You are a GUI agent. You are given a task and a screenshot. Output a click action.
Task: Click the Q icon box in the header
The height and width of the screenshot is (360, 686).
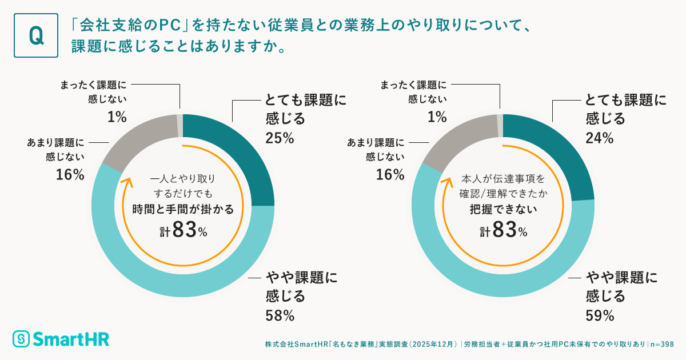[x=35, y=36]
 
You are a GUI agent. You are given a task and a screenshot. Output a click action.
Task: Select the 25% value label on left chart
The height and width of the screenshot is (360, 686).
[x=279, y=138]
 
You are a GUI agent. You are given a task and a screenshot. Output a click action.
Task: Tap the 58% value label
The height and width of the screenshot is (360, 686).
[x=280, y=315]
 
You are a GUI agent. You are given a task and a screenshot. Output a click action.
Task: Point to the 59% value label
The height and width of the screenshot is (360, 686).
[x=600, y=315]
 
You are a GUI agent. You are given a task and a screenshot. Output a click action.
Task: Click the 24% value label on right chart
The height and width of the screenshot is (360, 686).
[x=599, y=138]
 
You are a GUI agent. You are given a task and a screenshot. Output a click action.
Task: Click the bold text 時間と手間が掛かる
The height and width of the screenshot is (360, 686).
[x=183, y=209]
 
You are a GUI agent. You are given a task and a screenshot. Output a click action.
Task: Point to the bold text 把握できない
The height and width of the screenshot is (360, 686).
[x=503, y=209]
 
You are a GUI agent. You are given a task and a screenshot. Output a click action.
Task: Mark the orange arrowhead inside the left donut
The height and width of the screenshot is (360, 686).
[x=129, y=182]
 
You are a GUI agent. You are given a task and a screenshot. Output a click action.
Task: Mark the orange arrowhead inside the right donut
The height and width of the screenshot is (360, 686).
[x=449, y=182]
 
